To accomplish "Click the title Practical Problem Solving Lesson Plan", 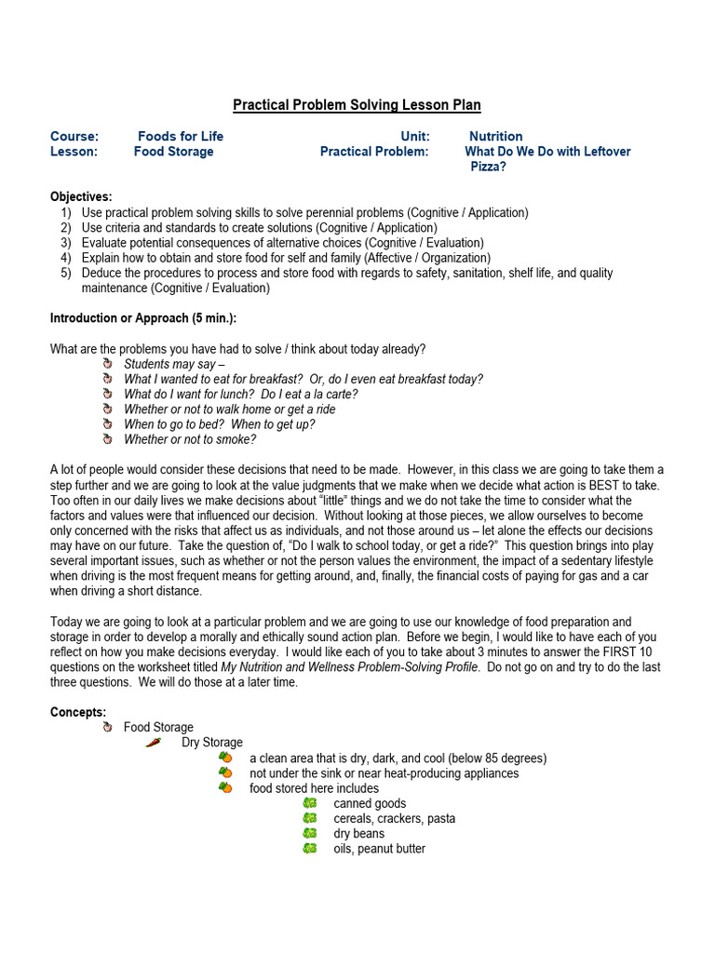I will pos(357,105).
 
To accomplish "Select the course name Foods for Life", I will pos(181,136).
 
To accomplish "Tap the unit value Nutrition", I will pos(495,136).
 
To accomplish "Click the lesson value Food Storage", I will pos(173,151).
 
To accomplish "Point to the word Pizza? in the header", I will pos(488,167).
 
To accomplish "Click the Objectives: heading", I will pos(81,196).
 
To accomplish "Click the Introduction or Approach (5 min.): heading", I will pos(143,318).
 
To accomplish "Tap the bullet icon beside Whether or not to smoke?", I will pos(107,439).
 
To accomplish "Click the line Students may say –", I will pos(174,364).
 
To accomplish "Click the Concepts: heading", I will pos(78,712).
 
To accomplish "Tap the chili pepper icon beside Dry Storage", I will pos(154,743).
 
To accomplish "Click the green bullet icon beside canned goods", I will pos(310,803).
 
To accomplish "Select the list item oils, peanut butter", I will pos(379,848).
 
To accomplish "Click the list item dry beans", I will pos(358,833).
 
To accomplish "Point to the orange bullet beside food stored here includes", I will pos(225,788).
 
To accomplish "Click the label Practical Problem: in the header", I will pos(374,151).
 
